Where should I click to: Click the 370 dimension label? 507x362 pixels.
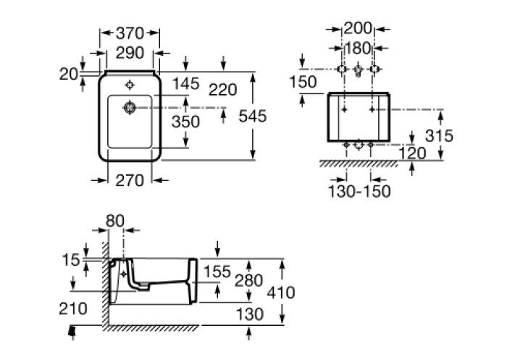[x=130, y=33]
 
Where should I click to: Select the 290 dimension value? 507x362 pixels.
[x=130, y=53]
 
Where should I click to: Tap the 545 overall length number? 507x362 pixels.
[x=253, y=116]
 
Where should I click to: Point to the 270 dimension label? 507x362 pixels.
[x=130, y=180]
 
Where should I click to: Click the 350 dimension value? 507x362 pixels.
[x=185, y=122]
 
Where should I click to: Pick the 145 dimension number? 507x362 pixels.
[x=185, y=84]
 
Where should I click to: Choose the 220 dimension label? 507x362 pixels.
[x=223, y=90]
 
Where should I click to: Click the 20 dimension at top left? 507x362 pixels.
[x=69, y=75]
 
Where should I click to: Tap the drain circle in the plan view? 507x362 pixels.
[x=130, y=107]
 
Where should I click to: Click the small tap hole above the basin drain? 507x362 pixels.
[x=130, y=85]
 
